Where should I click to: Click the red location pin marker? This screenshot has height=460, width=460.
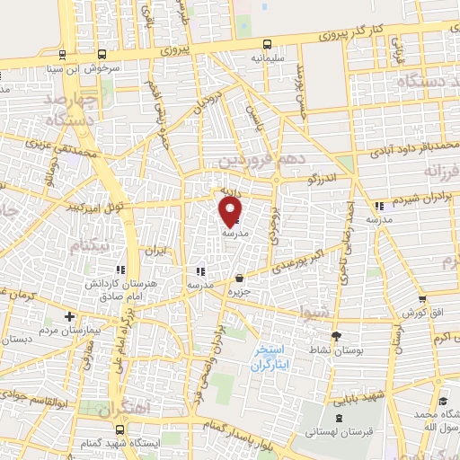231,211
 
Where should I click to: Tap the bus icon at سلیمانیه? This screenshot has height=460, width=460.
267,44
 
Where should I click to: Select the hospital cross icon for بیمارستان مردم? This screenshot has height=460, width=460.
69,316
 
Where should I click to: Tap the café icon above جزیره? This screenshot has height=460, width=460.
238,279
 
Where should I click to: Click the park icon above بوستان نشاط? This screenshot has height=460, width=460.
336,335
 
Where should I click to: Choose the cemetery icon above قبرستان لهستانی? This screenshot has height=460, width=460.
339,417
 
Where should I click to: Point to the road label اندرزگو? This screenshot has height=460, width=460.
320,178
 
